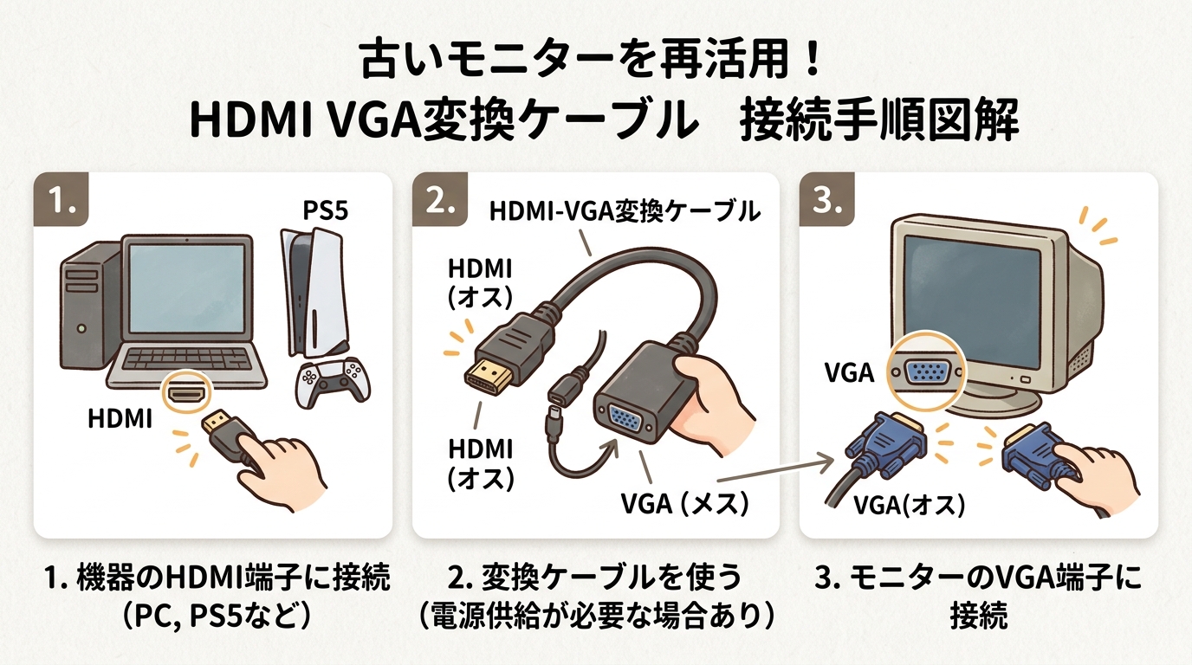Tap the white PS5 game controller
coord(328,383)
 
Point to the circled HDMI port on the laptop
coord(185,394)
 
